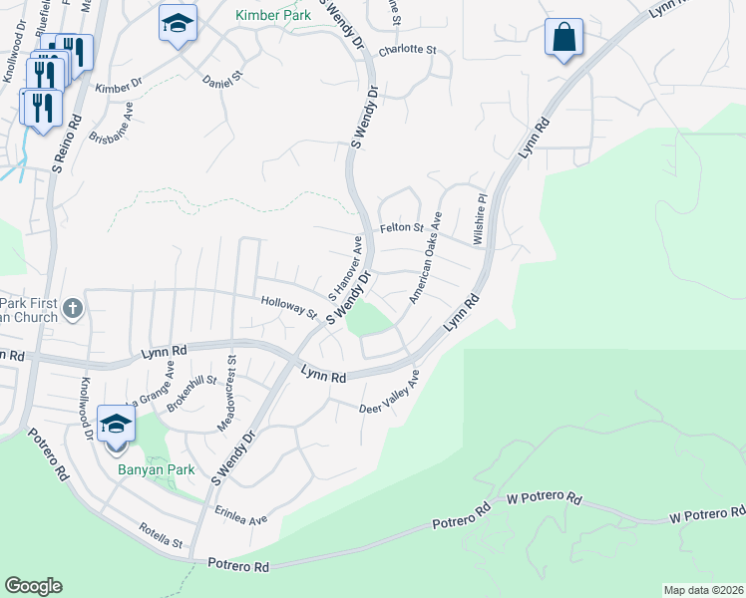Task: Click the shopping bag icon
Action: [x=563, y=38]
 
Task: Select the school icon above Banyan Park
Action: [x=117, y=425]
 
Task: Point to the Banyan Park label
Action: [x=155, y=469]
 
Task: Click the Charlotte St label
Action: [x=412, y=49]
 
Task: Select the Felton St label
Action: [x=402, y=228]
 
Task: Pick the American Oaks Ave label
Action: [x=425, y=258]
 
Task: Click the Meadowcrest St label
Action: [x=225, y=394]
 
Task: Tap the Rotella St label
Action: [x=162, y=535]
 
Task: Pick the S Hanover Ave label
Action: [x=345, y=269]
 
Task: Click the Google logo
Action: [x=33, y=586]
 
